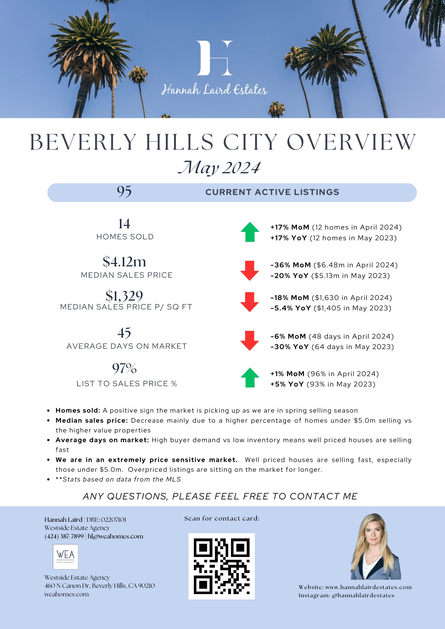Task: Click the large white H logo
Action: [215, 58]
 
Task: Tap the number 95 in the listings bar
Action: [124, 192]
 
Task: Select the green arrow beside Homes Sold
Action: [250, 232]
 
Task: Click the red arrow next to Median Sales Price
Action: [250, 270]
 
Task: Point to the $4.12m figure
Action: [124, 262]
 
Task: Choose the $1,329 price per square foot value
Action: [124, 296]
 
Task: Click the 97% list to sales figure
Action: [124, 368]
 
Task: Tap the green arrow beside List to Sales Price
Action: [250, 377]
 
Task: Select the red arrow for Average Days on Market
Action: [250, 341]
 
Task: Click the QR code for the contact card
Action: [222, 566]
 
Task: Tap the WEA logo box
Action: [65, 557]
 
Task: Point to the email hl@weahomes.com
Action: [115, 537]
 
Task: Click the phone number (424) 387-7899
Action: [64, 537]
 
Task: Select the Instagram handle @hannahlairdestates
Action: [363, 595]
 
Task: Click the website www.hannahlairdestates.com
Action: [368, 587]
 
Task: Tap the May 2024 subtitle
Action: [219, 168]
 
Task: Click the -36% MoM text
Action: [290, 265]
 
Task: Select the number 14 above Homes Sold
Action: [124, 224]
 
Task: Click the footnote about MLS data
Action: [118, 479]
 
